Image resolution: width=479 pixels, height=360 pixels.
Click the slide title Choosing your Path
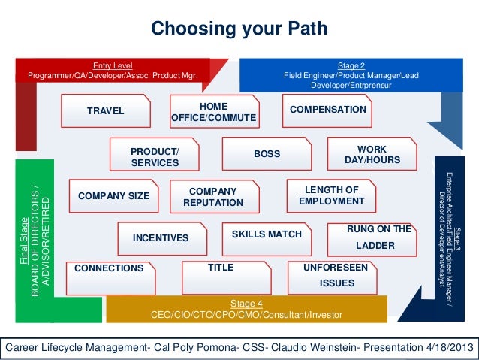239,29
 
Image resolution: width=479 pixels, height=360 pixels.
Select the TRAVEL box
106,112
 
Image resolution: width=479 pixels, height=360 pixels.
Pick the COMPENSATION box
327,110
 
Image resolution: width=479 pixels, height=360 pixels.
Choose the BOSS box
267,154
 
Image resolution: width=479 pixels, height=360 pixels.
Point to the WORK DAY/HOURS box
372,155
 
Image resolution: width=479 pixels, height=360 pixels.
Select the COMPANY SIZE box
113,196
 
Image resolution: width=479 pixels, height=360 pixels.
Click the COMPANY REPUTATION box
212,198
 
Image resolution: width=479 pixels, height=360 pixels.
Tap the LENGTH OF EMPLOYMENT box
331,195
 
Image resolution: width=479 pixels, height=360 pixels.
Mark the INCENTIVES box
160,238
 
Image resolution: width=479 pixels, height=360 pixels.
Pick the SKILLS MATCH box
267,234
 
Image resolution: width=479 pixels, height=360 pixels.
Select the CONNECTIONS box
110,268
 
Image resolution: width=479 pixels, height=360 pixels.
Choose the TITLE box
220,268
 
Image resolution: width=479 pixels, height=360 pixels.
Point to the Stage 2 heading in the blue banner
351,65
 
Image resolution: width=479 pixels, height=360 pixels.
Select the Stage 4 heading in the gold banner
246,303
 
